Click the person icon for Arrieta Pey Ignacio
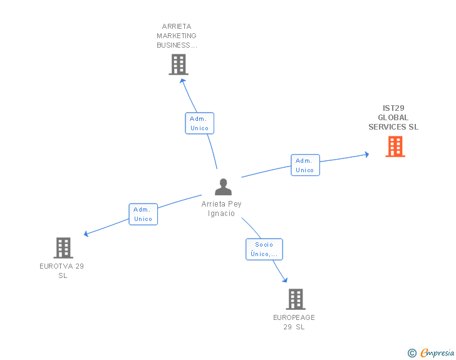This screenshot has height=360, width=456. click(x=223, y=187)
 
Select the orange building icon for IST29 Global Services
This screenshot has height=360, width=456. click(x=395, y=147)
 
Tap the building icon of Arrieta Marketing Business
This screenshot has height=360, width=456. click(x=179, y=64)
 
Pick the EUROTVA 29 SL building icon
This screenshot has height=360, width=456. click(x=63, y=248)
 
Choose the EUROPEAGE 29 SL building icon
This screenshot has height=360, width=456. click(x=296, y=299)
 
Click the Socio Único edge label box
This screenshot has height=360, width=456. click(x=264, y=249)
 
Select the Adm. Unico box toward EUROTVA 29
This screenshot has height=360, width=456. click(x=143, y=214)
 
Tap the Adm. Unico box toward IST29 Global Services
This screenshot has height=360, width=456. click(x=305, y=165)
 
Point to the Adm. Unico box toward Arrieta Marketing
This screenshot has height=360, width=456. click(x=199, y=123)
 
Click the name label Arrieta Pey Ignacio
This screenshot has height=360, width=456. click(x=221, y=208)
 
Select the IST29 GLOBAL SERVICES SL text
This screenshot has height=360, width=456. click(x=393, y=118)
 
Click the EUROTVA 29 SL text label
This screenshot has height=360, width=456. click(x=62, y=270)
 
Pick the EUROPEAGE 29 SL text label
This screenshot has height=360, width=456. click(x=294, y=322)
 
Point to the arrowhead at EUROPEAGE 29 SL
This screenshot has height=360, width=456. click(x=284, y=279)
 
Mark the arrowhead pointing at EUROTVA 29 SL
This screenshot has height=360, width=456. click(x=87, y=234)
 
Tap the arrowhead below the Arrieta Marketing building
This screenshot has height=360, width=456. click(x=182, y=80)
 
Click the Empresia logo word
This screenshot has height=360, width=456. click(x=437, y=352)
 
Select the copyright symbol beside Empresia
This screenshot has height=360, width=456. click(x=412, y=353)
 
